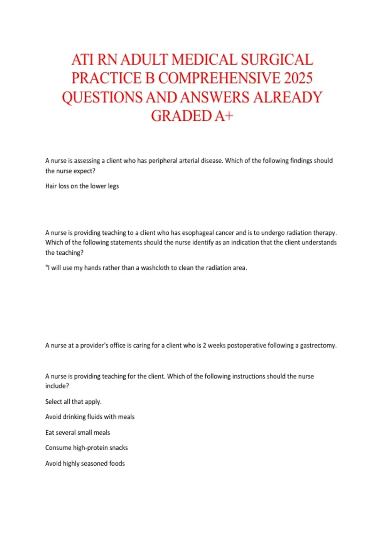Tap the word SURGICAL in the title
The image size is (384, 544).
277,60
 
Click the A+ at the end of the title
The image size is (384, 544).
224,116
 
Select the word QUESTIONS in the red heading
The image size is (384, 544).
102,97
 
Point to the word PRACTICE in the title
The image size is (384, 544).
106,78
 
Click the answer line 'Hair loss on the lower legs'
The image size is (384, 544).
82,186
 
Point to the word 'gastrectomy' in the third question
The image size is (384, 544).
318,345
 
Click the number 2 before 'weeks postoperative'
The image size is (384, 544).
204,345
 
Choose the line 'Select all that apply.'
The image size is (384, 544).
73,402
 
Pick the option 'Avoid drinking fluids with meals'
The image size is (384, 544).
90,417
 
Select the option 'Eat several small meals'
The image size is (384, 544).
78,433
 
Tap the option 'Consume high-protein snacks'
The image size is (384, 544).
86,448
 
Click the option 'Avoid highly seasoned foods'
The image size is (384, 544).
85,463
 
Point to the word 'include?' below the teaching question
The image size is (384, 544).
57,386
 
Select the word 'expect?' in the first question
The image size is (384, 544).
84,171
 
